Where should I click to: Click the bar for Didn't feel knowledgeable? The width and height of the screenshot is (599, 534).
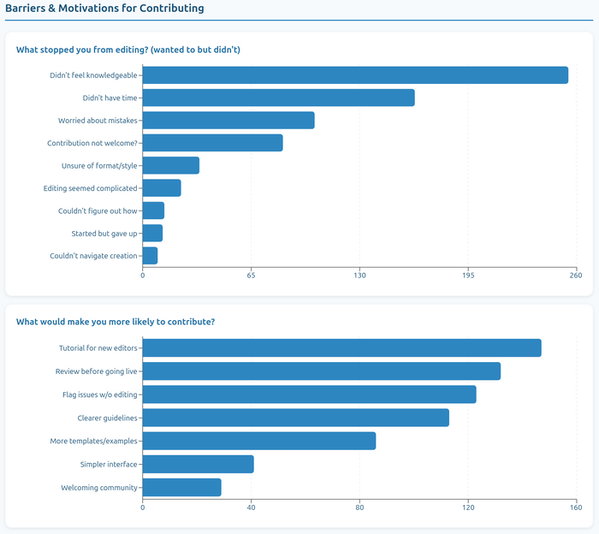[x=355, y=75]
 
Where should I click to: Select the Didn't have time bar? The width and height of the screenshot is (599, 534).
[x=278, y=98]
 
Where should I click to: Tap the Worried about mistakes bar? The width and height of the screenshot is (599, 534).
[x=228, y=121]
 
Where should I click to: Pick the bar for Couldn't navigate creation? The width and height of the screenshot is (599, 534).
[x=150, y=256]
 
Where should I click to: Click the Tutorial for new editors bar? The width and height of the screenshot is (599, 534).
[x=341, y=348]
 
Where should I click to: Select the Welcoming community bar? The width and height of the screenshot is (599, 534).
[x=181, y=488]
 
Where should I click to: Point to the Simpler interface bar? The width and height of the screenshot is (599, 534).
[x=198, y=465]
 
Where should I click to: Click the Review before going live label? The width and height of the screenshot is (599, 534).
[x=97, y=371]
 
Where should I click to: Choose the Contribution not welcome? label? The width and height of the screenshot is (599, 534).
[x=92, y=143]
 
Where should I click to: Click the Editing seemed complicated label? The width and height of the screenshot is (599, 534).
[x=90, y=188]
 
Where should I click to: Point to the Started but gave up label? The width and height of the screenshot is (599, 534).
[x=104, y=233]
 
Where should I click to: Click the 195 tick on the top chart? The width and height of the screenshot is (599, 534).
[x=468, y=275]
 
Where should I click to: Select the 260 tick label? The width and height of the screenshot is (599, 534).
[x=576, y=275]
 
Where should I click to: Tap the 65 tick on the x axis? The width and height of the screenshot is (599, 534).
[x=252, y=275]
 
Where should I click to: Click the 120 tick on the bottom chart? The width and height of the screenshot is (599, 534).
[x=468, y=507]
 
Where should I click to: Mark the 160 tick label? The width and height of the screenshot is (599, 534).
[x=576, y=507]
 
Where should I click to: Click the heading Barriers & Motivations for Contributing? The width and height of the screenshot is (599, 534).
[x=104, y=9]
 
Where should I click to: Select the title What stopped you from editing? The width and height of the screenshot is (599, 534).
[x=128, y=50]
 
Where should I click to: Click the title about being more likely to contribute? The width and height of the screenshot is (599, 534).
[x=116, y=322]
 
